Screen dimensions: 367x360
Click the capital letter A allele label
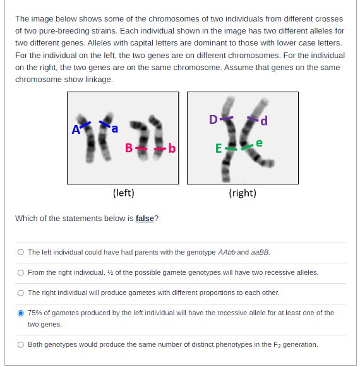76,130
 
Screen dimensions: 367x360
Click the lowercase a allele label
116,129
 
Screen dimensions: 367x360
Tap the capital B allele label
128,148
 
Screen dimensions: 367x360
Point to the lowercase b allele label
171,149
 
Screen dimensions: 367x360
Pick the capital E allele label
219,149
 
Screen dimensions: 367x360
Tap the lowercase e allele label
259,144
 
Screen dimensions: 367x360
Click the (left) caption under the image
123,193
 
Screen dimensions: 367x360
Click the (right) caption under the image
243,193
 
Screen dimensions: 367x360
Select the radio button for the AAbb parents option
21,252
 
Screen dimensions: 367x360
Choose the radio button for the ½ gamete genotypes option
21,272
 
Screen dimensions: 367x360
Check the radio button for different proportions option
21,292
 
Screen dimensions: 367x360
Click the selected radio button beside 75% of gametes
21,313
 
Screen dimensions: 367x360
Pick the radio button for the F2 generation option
21,344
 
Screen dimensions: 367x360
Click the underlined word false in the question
145,219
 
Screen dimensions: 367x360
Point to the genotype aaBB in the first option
260,252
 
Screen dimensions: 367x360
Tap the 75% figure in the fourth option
35,313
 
